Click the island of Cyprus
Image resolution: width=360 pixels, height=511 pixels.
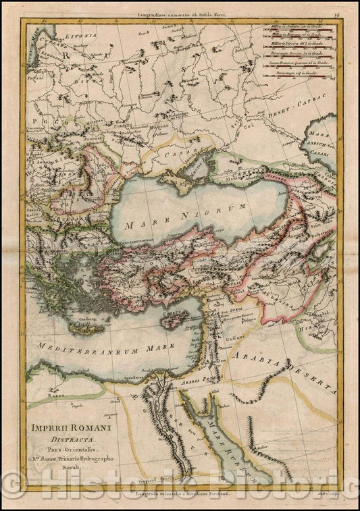pos(176,320)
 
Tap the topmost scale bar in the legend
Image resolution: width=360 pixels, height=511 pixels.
pos(297,32)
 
